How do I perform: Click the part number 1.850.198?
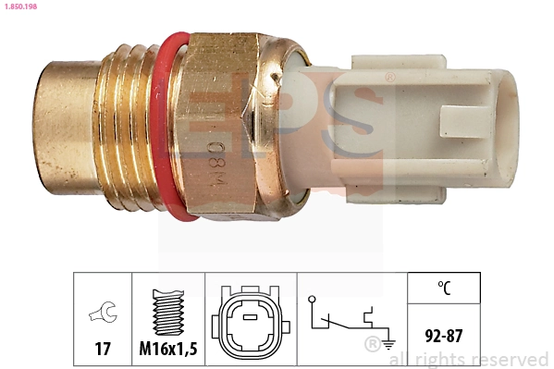tap(20, 6)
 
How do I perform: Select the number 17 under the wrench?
tap(103, 349)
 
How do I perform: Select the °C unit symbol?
tap(444, 288)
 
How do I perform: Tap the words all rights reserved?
tap(469, 359)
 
